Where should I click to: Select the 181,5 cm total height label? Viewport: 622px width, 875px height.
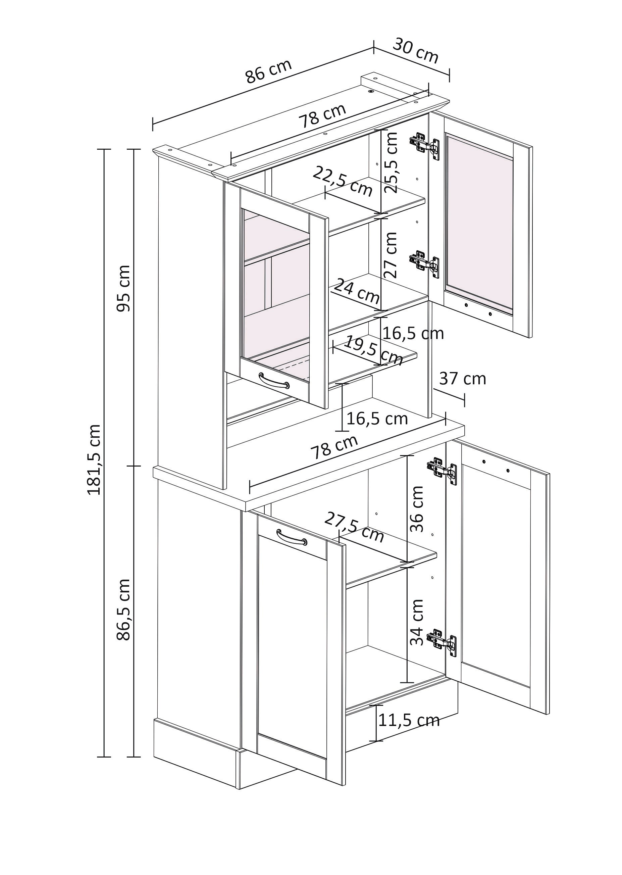click(94, 460)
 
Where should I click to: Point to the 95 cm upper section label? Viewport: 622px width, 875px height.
click(124, 288)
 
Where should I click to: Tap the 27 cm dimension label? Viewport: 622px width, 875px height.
click(391, 255)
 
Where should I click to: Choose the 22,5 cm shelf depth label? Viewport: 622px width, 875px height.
click(343, 182)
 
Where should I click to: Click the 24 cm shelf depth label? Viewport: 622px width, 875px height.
click(357, 290)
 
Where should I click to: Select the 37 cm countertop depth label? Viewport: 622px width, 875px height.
click(462, 379)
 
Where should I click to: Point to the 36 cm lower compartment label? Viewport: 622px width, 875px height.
click(417, 509)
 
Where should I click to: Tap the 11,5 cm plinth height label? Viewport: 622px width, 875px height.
click(409, 721)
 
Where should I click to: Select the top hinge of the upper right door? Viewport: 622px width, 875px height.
click(425, 145)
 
